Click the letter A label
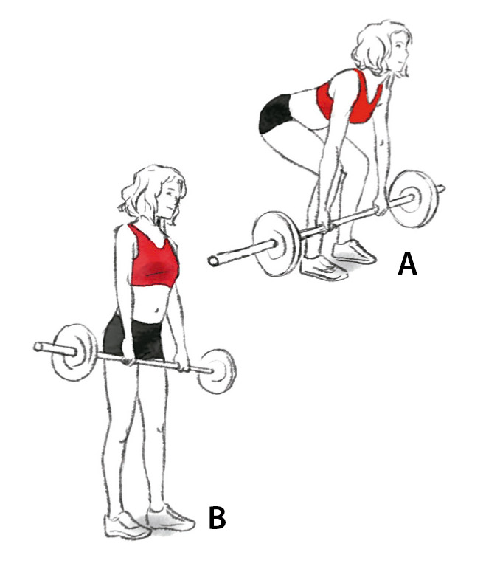[x=407, y=265]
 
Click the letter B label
[x=218, y=518]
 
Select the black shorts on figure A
[x=274, y=114]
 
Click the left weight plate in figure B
[x=74, y=352]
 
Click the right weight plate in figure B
[x=218, y=371]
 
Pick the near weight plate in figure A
[x=277, y=244]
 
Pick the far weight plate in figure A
[x=415, y=199]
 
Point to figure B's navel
[x=157, y=310]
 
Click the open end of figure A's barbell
[x=214, y=261]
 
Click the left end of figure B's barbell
[x=38, y=347]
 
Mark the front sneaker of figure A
[x=323, y=268]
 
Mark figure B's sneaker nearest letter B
[x=170, y=518]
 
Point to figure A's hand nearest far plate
[x=380, y=207]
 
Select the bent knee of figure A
[x=268, y=141]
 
